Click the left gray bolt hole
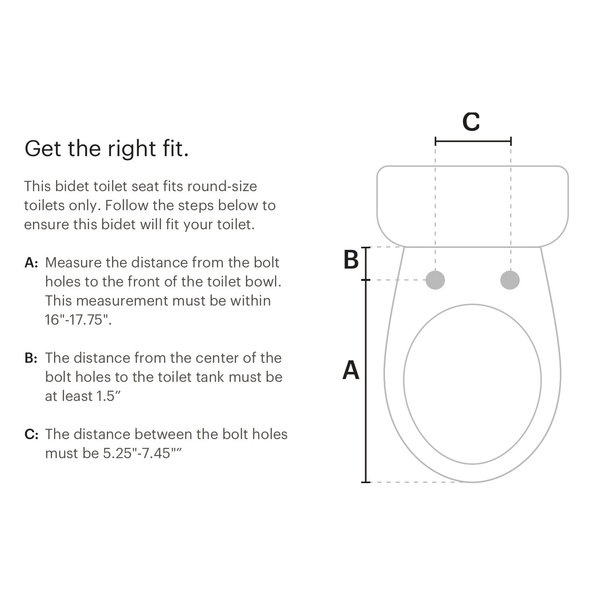(435, 280)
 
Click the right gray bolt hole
(510, 280)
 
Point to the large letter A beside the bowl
(351, 370)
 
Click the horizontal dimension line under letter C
(473, 141)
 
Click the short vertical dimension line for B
(366, 263)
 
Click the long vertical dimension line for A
(366, 381)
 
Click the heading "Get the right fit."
(106, 149)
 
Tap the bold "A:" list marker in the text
(31, 263)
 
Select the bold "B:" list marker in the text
(31, 358)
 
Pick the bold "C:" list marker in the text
(31, 435)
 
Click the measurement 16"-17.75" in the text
(78, 320)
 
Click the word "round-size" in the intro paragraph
(222, 186)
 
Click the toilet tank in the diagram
(472, 206)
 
